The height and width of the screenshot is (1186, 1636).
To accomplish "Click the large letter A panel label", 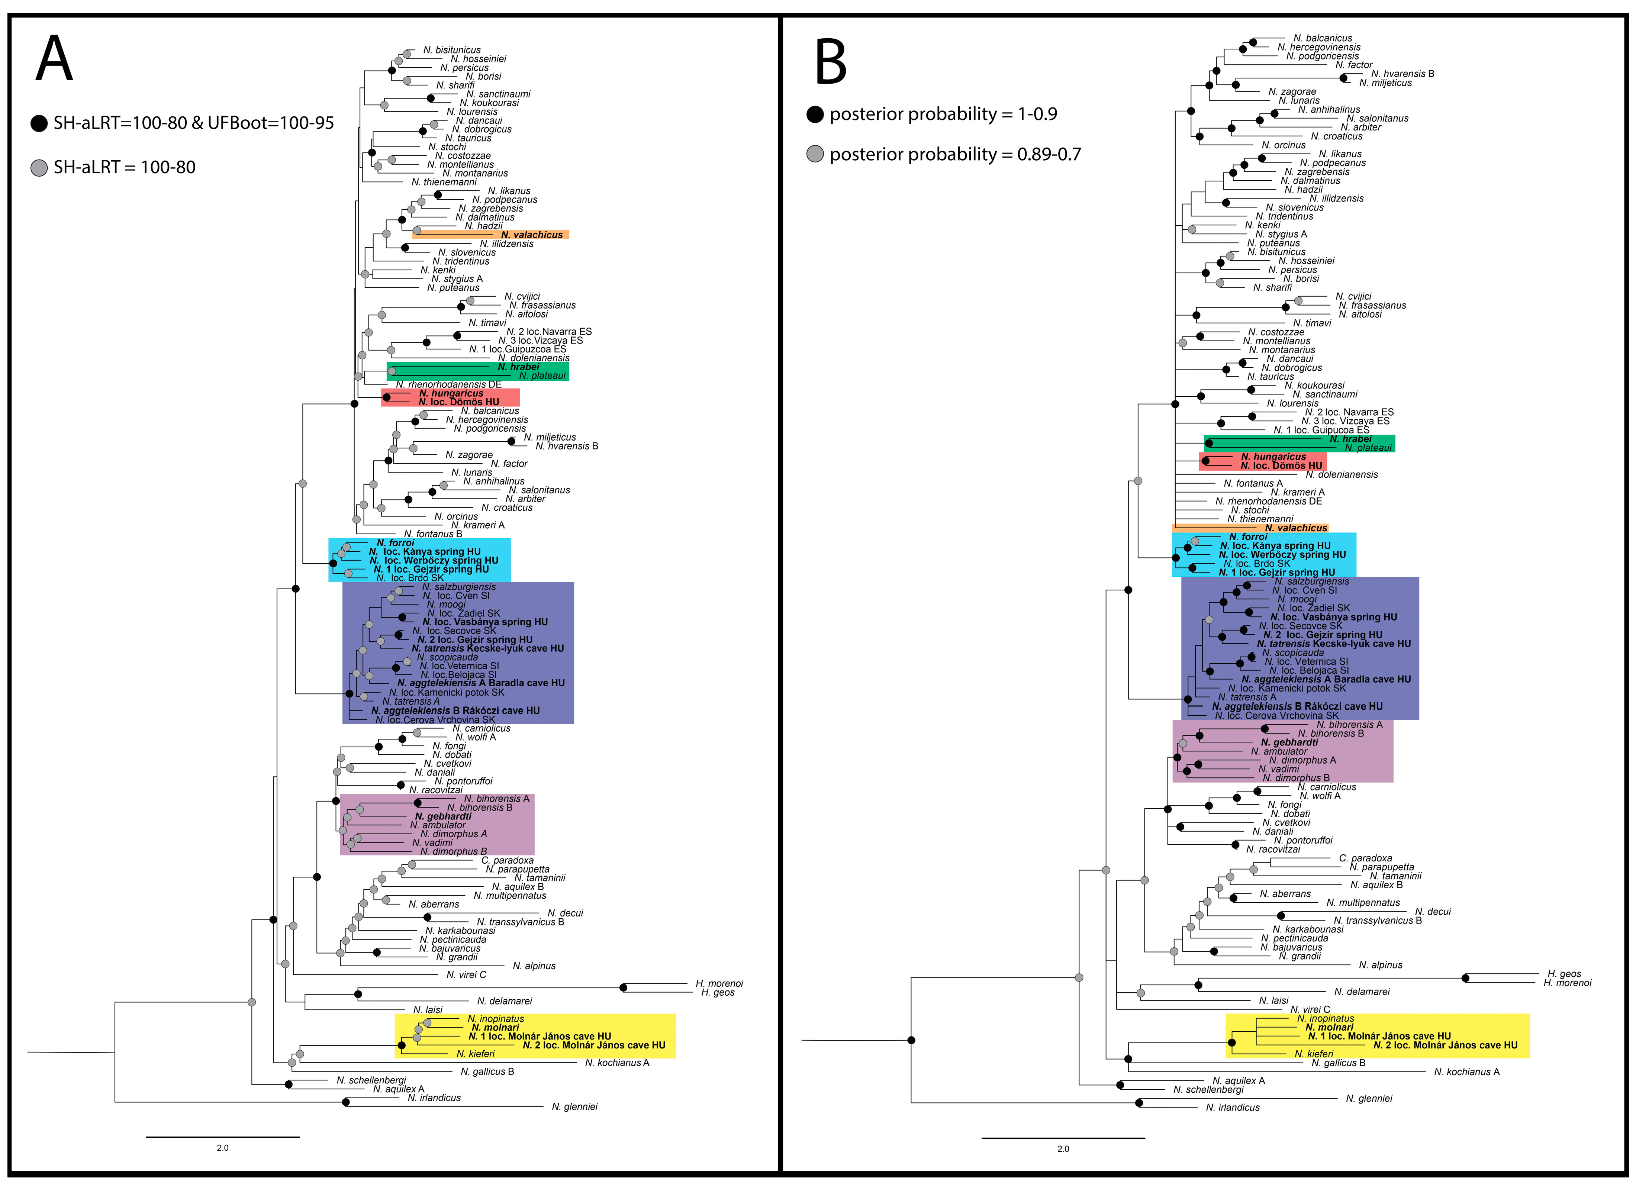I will click(54, 59).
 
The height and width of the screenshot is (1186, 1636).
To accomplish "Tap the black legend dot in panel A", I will click(39, 123).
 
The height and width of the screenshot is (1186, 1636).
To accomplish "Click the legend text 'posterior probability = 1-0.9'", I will click(943, 114).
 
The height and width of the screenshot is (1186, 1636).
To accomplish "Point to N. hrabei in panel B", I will click(1350, 439).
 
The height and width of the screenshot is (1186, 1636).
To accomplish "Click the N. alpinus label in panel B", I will click(1381, 964).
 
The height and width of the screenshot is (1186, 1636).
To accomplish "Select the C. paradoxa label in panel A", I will click(507, 860).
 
